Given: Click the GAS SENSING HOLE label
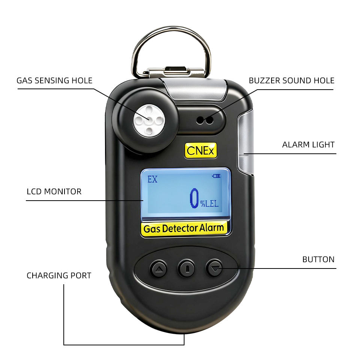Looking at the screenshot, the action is click(x=54, y=81).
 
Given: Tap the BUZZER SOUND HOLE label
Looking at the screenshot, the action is click(x=292, y=81).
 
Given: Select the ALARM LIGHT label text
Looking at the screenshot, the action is click(x=308, y=145).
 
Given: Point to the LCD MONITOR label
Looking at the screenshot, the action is click(x=54, y=192).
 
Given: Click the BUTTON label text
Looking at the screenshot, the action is click(x=318, y=259).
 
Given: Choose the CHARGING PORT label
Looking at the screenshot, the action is click(x=59, y=276).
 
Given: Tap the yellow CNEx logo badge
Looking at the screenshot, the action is click(x=201, y=151).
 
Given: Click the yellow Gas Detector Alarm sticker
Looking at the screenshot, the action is click(x=184, y=228).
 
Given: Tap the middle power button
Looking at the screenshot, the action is click(x=186, y=268).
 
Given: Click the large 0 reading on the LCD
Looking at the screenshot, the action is click(x=194, y=198).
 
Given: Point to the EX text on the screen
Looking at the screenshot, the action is click(x=153, y=180).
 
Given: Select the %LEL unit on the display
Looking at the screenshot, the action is click(x=209, y=204).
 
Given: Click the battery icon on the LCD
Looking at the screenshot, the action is click(x=216, y=176).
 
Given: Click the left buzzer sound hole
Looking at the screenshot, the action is click(x=200, y=120).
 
